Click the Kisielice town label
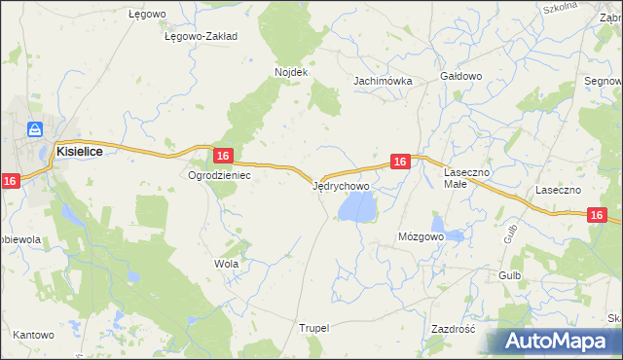click(x=87, y=152)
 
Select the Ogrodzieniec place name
click(x=220, y=176)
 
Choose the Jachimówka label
click(x=383, y=82)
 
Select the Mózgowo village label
click(x=421, y=236)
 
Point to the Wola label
click(x=226, y=264)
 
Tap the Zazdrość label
click(x=452, y=329)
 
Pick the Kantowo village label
click(x=32, y=335)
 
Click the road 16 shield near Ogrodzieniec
click(x=223, y=156)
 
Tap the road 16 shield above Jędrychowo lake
click(x=399, y=162)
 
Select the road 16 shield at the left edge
click(x=10, y=181)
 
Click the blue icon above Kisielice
click(x=35, y=128)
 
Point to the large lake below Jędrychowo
click(x=355, y=206)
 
